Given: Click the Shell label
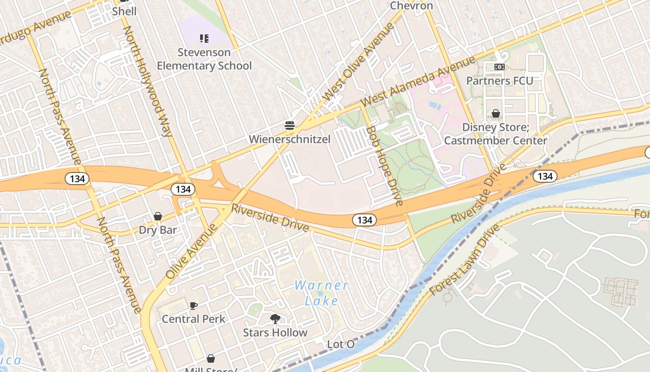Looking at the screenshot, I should point(124,11).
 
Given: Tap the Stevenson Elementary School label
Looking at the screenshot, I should point(204,59).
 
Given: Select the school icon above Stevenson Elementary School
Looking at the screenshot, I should point(204,38).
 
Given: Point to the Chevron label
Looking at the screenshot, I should point(411,6).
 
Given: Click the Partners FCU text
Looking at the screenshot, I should point(500,80).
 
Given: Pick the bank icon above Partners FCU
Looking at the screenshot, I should point(500,67).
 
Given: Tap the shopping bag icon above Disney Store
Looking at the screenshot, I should point(496,113).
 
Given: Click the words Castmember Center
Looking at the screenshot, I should point(496,140).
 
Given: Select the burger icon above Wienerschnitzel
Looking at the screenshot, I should point(290,126).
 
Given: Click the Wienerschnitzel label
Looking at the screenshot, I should point(290,139).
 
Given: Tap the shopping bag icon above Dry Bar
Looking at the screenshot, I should point(158,216).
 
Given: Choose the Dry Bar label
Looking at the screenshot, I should point(158,230).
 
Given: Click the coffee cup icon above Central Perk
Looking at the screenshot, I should point(194,306).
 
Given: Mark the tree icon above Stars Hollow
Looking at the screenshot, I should point(275,319).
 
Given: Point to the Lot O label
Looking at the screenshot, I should point(341,345).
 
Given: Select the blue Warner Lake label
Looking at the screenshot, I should point(322,293).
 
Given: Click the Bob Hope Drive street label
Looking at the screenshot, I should point(384,166).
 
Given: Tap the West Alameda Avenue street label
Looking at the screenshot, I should point(418,81).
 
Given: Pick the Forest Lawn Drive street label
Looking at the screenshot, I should point(464,260).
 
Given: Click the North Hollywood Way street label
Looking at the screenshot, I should point(147,81).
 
